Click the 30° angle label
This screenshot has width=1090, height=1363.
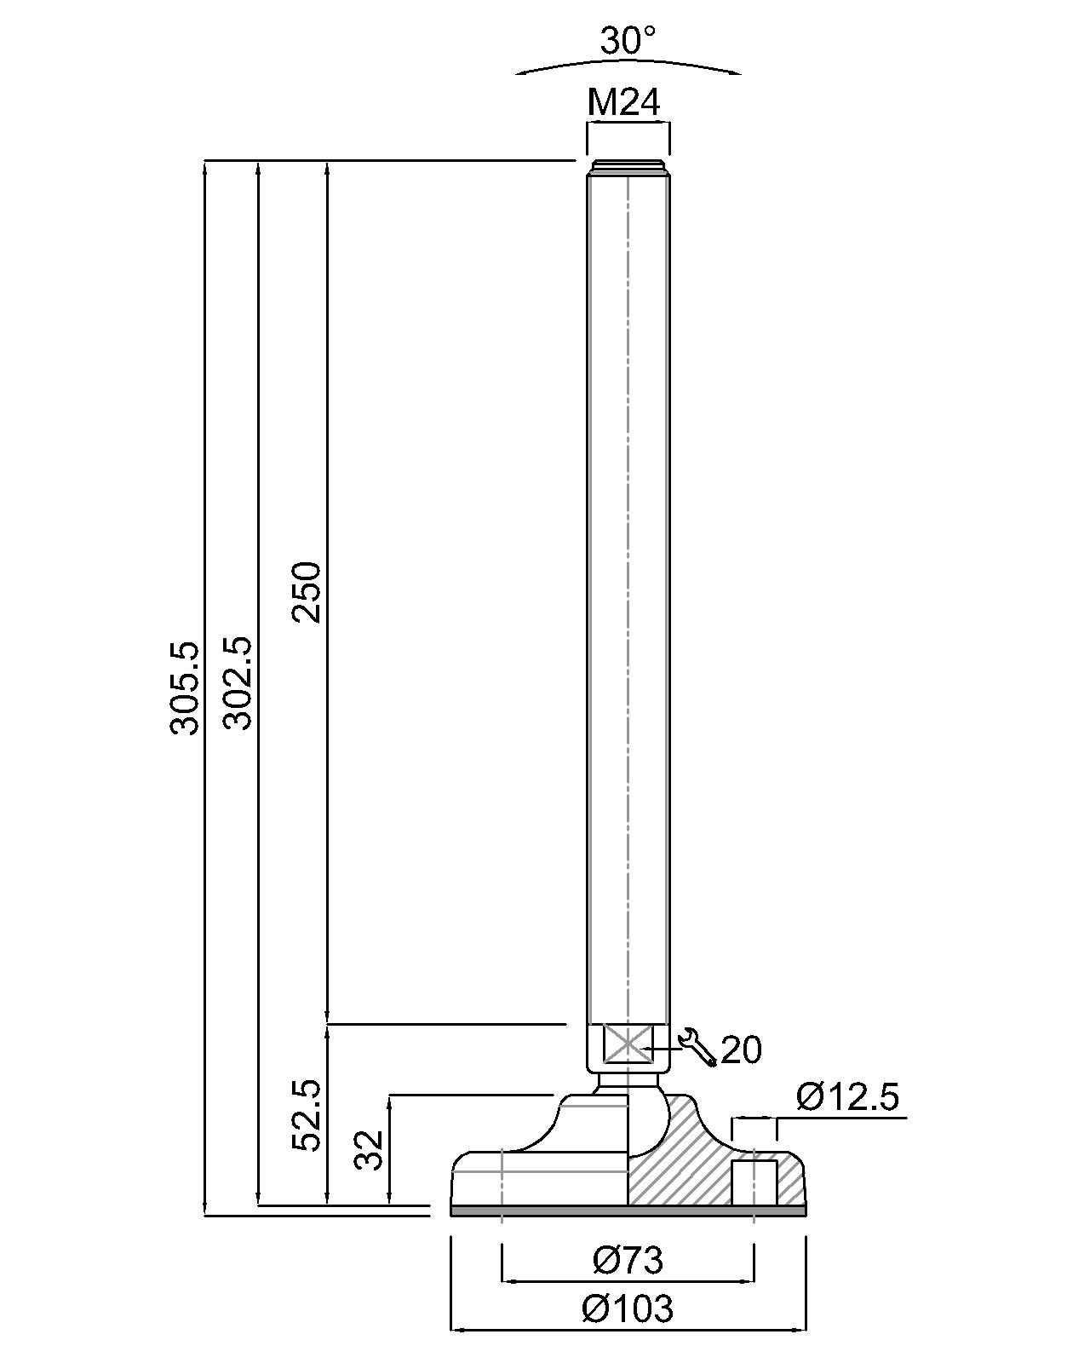tap(628, 40)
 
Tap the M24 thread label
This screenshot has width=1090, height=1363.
tap(624, 103)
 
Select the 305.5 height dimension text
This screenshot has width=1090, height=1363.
tap(184, 687)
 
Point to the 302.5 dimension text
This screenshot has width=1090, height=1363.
tap(238, 682)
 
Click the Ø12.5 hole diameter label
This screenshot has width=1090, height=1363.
tap(847, 1097)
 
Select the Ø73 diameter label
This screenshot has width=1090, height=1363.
tap(628, 1260)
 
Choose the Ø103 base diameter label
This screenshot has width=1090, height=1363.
tap(628, 1308)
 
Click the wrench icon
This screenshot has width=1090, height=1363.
tap(697, 1047)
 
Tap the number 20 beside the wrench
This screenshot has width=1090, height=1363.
tap(741, 1050)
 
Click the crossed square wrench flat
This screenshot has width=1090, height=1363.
tap(628, 1044)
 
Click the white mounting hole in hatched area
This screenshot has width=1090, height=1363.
tap(754, 1182)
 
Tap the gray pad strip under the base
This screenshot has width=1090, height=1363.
tap(628, 1210)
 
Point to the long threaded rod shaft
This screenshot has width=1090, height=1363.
tap(628, 596)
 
